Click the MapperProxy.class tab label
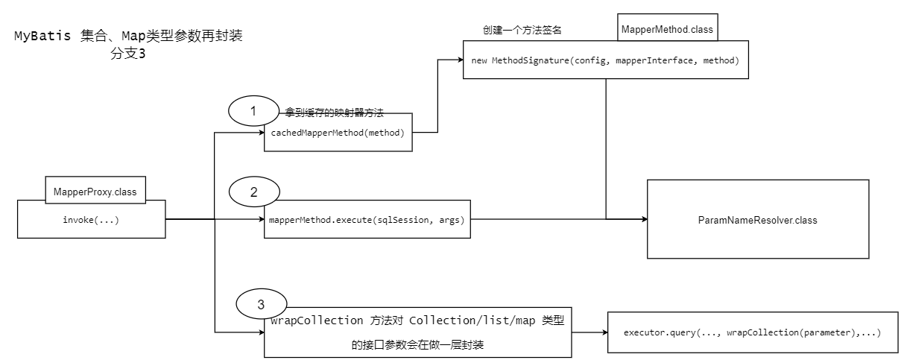pos(95,192)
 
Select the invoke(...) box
pos(92,220)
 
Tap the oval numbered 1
pos(253,111)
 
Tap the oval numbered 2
pos(253,192)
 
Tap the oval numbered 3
pos(260,304)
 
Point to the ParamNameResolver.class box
pos(757,219)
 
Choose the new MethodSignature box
pos(605,60)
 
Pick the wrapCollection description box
pos(418,332)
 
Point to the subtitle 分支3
pos(127,54)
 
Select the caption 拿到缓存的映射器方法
pos(334,113)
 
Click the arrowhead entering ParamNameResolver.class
pos(642,219)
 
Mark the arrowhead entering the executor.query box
pos(604,331)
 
